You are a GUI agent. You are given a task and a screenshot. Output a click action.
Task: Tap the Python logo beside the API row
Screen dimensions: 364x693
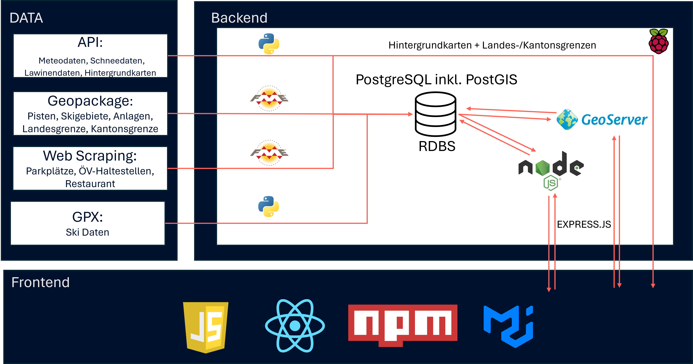point(269,44)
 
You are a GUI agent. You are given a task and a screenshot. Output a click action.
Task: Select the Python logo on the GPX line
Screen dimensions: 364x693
point(268,206)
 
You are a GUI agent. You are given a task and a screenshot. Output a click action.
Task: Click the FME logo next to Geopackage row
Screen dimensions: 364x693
point(269,98)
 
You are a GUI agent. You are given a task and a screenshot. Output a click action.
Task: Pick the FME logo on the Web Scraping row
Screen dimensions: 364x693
point(269,153)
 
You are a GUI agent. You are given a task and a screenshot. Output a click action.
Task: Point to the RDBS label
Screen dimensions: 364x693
point(437,146)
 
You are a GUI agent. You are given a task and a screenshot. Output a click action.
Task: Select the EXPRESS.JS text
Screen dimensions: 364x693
point(584,224)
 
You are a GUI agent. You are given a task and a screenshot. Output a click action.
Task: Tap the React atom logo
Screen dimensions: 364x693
point(295,326)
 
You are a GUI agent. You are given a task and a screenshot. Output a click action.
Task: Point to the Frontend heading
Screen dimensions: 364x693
point(40,282)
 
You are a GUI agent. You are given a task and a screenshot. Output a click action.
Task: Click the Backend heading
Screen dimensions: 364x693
point(239,18)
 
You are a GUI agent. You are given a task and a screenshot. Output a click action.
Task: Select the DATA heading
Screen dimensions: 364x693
point(26,18)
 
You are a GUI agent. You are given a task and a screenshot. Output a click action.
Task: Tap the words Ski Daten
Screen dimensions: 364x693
point(87,232)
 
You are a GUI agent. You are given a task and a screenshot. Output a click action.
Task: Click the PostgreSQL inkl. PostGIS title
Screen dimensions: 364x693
point(436,80)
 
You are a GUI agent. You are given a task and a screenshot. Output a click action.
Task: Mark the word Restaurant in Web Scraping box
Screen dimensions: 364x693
point(90,184)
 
